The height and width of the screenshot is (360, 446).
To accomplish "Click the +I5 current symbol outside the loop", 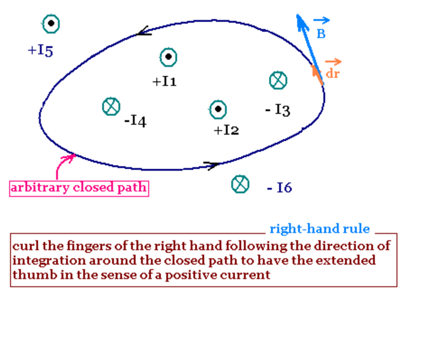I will [x=51, y=24].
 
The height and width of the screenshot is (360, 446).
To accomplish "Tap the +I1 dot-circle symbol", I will [x=169, y=57].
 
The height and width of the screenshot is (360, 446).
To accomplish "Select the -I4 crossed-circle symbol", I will [x=111, y=106].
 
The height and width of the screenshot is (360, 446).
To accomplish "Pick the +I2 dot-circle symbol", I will [x=218, y=109].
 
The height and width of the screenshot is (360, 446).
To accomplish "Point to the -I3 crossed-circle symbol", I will [x=278, y=80].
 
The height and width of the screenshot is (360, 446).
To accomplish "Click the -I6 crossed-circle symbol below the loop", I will [x=240, y=184].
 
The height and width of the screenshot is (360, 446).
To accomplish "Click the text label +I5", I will [x=41, y=51].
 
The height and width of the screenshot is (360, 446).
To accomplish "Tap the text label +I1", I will [x=164, y=82].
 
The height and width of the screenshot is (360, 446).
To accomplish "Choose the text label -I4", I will [x=135, y=121].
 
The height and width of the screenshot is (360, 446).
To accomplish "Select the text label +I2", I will [x=227, y=130].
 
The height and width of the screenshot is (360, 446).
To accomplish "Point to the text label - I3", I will [x=278, y=110].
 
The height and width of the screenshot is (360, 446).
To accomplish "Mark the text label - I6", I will [x=279, y=188].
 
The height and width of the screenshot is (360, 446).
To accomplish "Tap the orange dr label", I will [x=333, y=72].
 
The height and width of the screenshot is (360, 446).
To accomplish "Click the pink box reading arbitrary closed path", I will [x=79, y=188].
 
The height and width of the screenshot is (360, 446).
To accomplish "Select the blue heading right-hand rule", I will [x=319, y=229].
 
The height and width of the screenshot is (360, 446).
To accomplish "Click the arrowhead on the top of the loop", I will [x=143, y=32].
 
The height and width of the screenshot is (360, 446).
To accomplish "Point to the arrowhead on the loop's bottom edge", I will [x=212, y=164].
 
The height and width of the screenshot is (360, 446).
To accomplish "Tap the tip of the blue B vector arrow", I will [x=298, y=16].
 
